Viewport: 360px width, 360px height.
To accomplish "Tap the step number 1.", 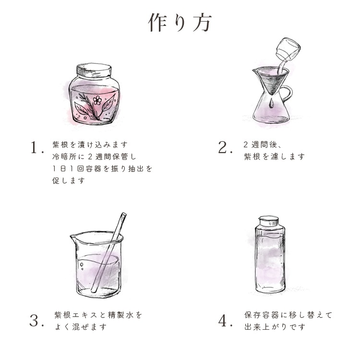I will pos(36,148).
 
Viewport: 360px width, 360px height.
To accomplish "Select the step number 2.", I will pos(224,148).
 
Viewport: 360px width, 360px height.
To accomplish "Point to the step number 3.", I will pos(36,321).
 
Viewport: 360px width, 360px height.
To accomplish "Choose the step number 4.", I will pos(224,321).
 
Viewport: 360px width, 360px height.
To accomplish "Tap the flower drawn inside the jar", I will pos(98,100).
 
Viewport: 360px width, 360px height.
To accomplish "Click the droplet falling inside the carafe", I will pos(272,103).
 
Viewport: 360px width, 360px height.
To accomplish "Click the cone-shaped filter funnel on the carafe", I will pos(272,79).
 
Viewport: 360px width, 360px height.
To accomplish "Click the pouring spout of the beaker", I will pos(73,237).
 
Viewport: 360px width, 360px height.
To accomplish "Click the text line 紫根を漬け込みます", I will pos(90,144).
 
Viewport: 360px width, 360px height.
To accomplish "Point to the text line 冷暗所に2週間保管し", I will pos(95,156).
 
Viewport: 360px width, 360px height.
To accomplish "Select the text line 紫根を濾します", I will pos(274,156).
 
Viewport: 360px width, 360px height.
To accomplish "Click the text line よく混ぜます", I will pos(80,327).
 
